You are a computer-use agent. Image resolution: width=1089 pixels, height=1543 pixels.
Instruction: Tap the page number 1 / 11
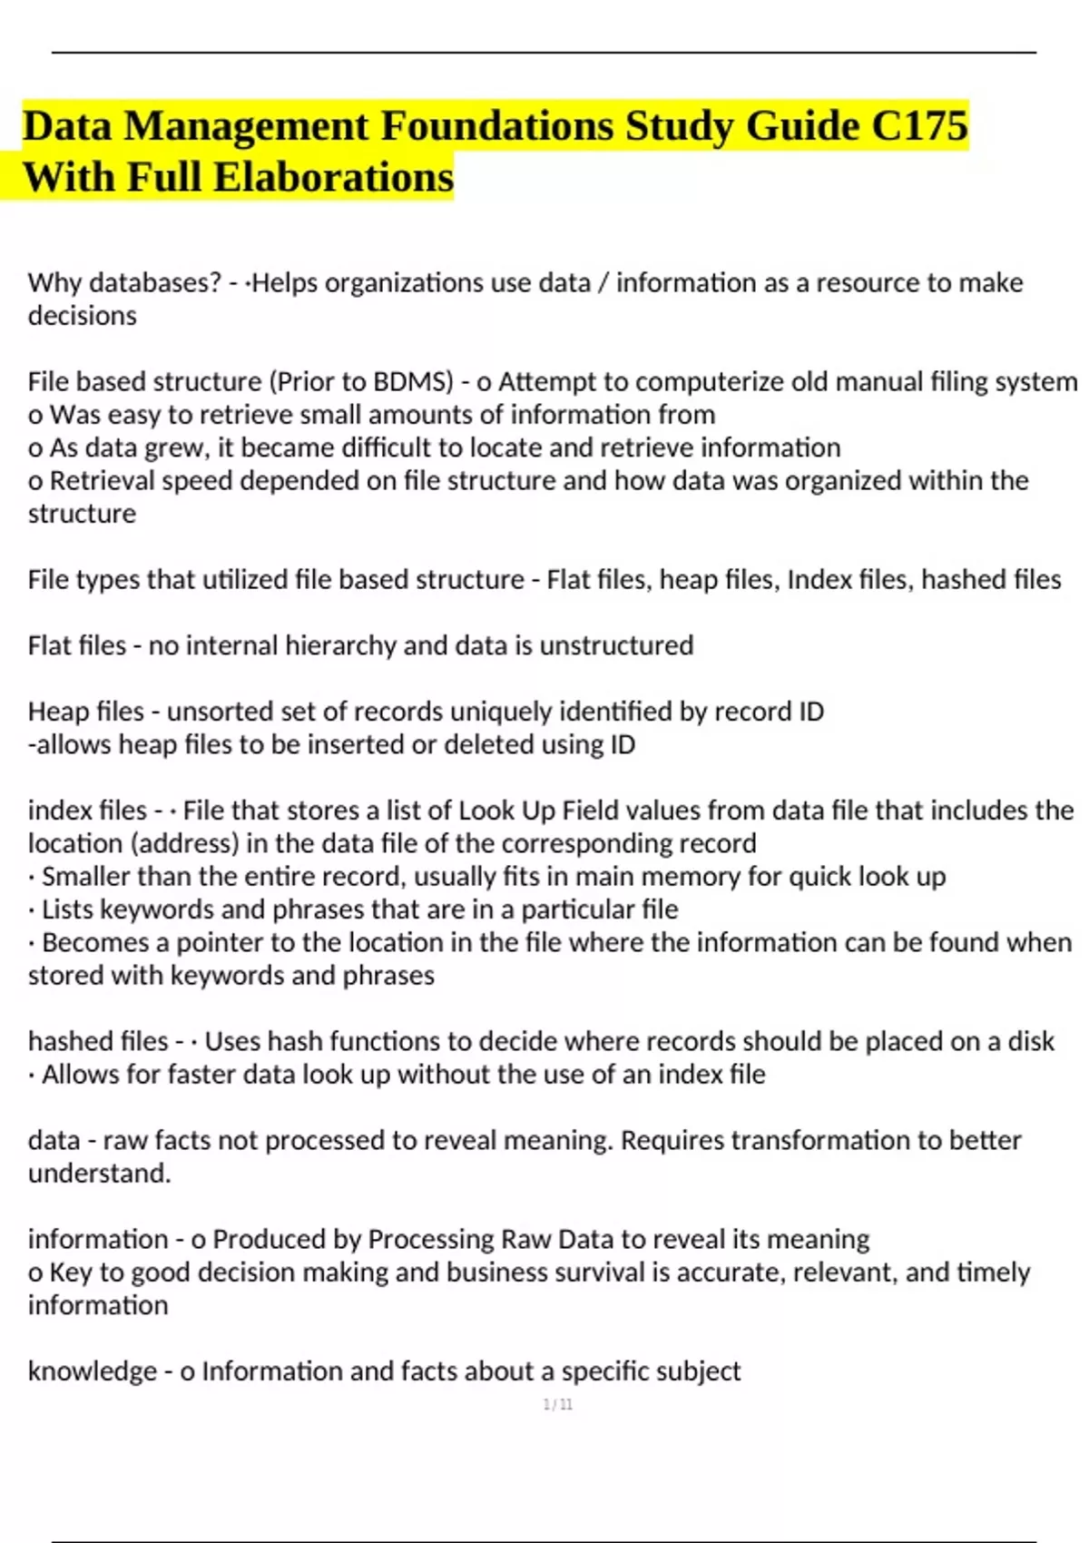pyautogui.click(x=557, y=1404)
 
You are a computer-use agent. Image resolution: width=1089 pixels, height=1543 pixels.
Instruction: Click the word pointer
pyautogui.click(x=220, y=942)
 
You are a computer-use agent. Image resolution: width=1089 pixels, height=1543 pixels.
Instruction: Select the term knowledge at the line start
pyautogui.click(x=92, y=1371)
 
